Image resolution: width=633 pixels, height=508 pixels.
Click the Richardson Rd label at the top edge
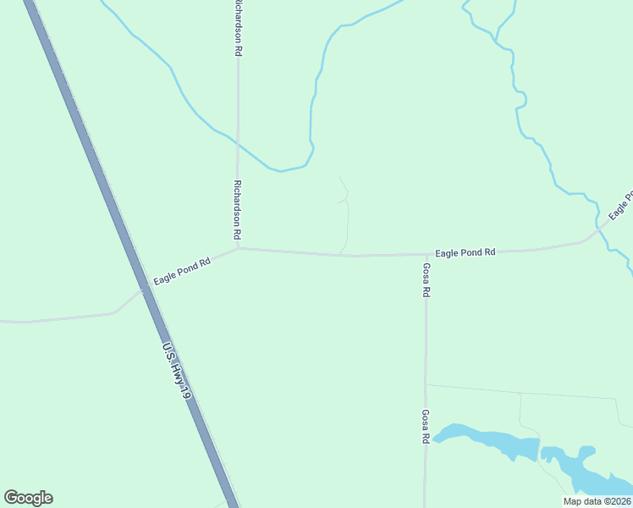coord(239,28)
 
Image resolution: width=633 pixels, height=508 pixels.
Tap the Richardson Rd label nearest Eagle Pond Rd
coord(239,208)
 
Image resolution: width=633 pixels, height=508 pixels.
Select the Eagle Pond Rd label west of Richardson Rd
coord(182,271)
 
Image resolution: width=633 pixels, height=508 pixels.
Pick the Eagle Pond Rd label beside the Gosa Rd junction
coord(465,252)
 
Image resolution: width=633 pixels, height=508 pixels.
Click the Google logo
coord(28,498)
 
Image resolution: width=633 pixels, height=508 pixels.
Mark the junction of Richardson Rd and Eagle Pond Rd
coord(239,248)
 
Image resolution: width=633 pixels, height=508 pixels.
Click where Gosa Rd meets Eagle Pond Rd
coord(426,254)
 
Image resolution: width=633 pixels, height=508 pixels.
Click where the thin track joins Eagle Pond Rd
coord(341,253)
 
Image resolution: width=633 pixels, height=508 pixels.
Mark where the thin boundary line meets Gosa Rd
coord(426,384)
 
